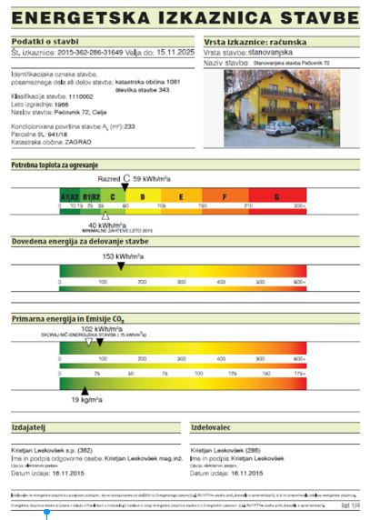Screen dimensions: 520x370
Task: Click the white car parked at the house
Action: click(279, 127)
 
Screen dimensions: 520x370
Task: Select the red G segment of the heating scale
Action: click(275, 196)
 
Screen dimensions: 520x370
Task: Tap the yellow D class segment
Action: click(142, 196)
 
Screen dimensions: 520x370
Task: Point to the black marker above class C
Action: click(126, 187)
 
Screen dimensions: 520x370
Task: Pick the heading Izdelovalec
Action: click(215, 425)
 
